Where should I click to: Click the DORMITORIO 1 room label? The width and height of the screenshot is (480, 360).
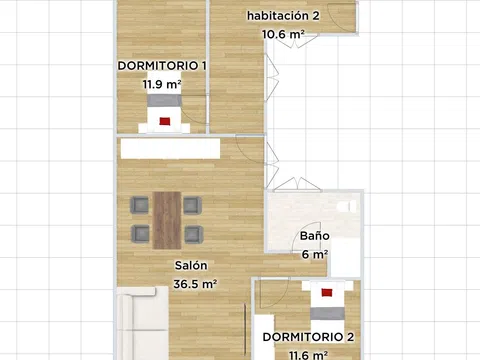click(x=162, y=66)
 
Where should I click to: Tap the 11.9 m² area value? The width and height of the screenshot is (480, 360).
click(x=162, y=84)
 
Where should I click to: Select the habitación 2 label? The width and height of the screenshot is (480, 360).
click(x=283, y=15)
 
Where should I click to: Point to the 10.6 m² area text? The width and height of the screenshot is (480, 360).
click(x=283, y=34)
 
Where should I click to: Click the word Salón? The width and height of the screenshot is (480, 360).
click(x=191, y=265)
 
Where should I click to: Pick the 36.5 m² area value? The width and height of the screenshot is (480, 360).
click(x=195, y=284)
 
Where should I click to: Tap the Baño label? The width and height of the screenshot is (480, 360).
click(x=315, y=236)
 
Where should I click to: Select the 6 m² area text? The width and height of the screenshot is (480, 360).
click(x=315, y=254)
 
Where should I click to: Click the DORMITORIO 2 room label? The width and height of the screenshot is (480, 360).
click(x=308, y=337)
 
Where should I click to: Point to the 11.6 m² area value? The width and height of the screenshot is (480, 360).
click(x=308, y=355)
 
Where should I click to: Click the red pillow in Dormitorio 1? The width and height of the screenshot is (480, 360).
click(x=165, y=121)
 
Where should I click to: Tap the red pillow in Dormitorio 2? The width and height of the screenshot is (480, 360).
click(x=327, y=293)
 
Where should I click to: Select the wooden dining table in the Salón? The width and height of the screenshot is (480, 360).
click(x=167, y=220)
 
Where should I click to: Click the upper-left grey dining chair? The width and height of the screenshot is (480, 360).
click(x=140, y=205)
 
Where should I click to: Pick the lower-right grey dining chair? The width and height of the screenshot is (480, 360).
click(x=194, y=234)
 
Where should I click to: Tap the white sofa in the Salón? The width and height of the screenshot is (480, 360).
click(x=143, y=323)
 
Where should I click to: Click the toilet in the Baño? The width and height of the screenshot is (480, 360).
click(x=347, y=206)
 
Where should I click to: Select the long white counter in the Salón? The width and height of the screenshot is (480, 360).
click(x=170, y=148)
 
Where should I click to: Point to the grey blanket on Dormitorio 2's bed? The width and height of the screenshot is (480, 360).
click(x=327, y=314)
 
